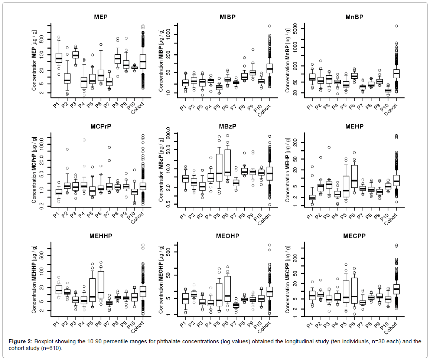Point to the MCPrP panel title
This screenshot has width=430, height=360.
[98, 126]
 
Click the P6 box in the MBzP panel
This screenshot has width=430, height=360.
[227, 163]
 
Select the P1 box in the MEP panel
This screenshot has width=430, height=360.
[59, 58]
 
